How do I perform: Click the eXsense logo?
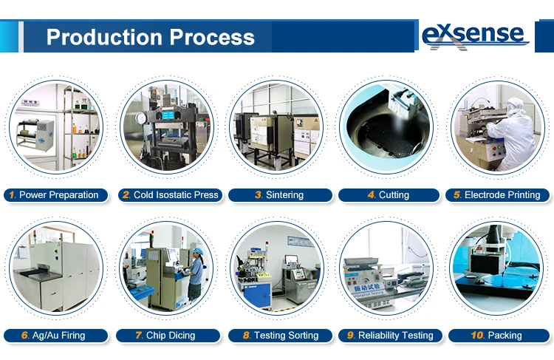tap(474, 36)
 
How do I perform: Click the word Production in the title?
tap(105, 37)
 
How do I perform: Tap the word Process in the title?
tap(212, 37)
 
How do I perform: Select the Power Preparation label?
tap(56, 195)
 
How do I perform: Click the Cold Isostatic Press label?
tap(171, 195)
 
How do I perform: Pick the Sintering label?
tap(280, 195)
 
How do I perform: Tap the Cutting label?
tap(389, 195)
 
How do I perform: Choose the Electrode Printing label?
tap(497, 195)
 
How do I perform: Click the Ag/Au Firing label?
tap(56, 336)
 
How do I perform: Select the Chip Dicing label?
tap(168, 336)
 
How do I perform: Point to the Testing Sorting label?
tap(280, 336)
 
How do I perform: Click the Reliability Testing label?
tap(390, 336)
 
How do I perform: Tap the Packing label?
tap(499, 336)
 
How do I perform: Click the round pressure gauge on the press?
tap(141, 118)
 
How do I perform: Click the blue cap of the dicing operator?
tap(198, 251)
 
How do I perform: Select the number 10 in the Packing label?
tap(477, 336)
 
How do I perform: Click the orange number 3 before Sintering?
tap(259, 195)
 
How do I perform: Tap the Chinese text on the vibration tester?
tap(366, 287)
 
